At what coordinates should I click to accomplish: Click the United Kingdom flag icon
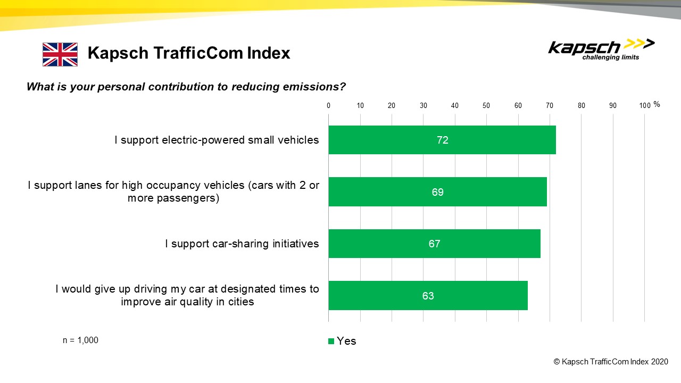point(60,54)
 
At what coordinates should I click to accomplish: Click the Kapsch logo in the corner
point(601,49)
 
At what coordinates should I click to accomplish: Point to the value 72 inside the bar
point(442,140)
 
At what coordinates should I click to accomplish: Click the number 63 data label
point(428,296)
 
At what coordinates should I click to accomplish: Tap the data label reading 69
point(438,192)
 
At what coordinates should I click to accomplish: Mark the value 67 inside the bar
point(435,244)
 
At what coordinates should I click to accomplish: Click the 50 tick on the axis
point(486,105)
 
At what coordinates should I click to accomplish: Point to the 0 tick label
point(329,105)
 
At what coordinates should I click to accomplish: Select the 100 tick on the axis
point(644,105)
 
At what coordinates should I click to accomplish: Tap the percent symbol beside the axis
point(657,104)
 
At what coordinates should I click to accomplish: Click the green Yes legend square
point(331,342)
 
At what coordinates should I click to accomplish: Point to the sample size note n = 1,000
point(80,340)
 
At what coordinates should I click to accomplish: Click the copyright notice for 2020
point(611,362)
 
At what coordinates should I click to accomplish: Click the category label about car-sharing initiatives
point(242,244)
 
